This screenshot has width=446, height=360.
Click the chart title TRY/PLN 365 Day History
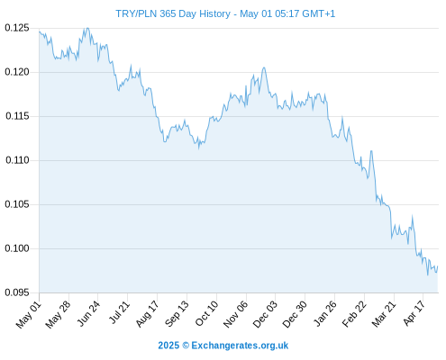[173, 13]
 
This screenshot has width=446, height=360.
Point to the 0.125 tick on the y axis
[17, 28]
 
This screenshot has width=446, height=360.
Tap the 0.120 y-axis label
[17, 72]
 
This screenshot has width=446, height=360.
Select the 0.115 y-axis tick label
[17, 116]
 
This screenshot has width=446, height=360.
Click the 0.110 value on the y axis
[17, 160]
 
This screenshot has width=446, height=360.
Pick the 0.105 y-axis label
[17, 204]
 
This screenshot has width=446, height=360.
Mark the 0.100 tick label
[17, 248]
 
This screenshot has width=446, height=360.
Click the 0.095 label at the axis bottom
[17, 292]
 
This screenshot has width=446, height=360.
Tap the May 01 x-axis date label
[28, 315]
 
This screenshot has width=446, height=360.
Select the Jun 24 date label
[88, 314]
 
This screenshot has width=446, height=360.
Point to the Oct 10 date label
[206, 314]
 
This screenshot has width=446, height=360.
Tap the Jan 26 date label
[324, 314]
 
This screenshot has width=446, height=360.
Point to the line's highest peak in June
[87, 28]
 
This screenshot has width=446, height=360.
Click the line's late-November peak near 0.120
[264, 67]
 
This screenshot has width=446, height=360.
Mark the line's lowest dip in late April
[428, 274]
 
